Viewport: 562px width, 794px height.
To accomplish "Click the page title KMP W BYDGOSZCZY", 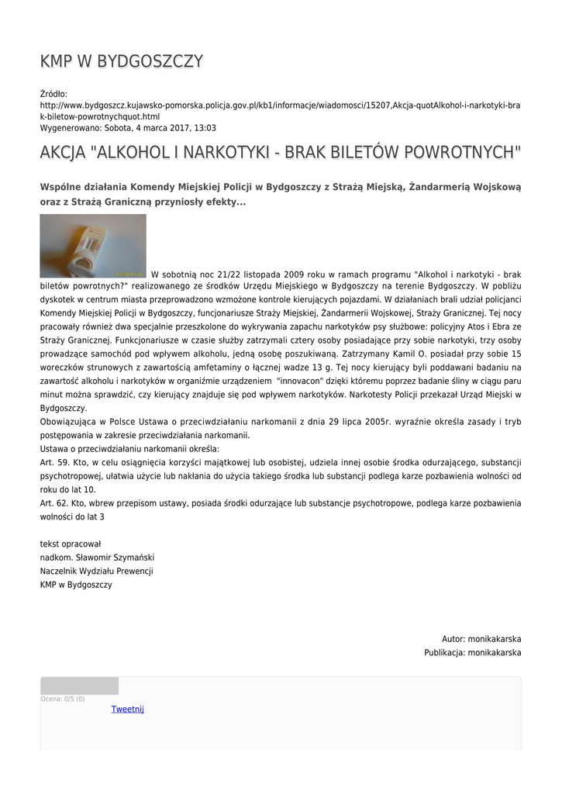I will (122, 62).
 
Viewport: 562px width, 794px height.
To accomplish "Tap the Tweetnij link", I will (127, 709).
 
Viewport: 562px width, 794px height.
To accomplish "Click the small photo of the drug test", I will (93, 246).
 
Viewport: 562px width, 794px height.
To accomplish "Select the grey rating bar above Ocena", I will (79, 685).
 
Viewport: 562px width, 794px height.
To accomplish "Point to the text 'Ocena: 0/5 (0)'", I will (63, 699).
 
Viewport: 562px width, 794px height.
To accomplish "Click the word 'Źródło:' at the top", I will (54, 94).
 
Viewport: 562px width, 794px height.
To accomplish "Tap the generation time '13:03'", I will (204, 128).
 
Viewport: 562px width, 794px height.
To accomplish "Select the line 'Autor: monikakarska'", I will (481, 639).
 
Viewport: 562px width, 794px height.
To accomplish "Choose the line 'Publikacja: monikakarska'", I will (472, 653).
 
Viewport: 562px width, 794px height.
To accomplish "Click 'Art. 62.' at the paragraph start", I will (54, 503).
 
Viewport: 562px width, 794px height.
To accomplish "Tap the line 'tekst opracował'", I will (71, 544).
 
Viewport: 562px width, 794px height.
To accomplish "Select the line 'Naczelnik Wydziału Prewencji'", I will (96, 571).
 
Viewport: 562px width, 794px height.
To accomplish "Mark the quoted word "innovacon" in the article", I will (310, 381).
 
